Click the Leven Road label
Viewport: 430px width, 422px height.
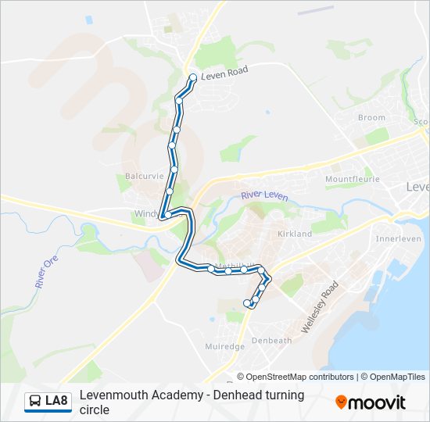pos(224,71)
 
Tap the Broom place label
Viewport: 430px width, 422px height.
pos(371,118)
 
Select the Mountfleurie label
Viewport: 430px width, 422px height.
pos(352,179)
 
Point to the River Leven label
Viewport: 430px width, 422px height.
pos(264,195)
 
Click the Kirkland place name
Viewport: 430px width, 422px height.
pos(295,234)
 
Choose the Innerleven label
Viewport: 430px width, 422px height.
pos(398,239)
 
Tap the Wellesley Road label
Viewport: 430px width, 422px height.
pos(319,307)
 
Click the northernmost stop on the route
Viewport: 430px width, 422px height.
pos(193,77)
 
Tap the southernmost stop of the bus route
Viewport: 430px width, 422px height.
pos(248,302)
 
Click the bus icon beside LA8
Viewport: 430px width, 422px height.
pos(34,402)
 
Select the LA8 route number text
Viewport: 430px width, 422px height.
pos(57,402)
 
